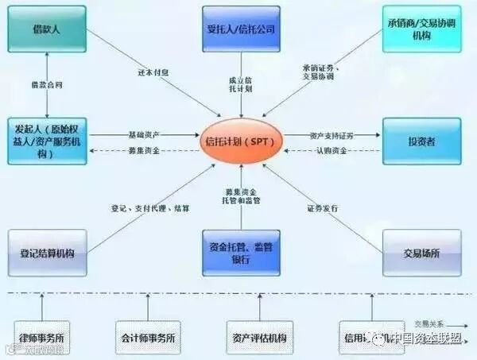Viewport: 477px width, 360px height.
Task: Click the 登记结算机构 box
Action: point(47,252)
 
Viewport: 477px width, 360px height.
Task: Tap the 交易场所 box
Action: point(421,252)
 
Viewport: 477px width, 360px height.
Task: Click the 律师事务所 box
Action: point(46,337)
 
